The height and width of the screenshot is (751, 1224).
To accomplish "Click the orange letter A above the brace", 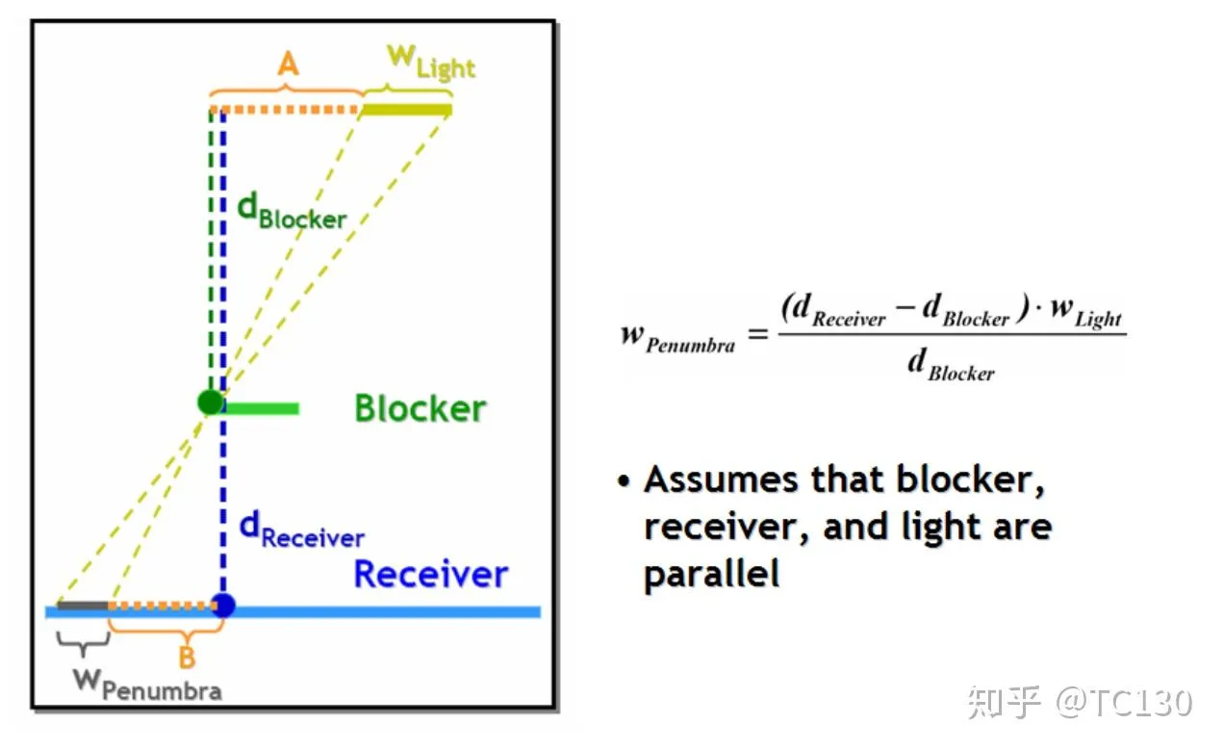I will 287,65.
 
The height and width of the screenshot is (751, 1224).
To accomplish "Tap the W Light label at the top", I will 430,62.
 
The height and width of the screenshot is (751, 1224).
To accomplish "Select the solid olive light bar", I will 406,110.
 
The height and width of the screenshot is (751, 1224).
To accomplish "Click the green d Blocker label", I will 291,214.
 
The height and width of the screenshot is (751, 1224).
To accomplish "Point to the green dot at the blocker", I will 211,401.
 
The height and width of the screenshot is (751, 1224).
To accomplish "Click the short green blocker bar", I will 261,408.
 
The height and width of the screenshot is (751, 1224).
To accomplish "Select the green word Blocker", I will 420,408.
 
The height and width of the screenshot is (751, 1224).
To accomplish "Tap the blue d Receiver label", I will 301,531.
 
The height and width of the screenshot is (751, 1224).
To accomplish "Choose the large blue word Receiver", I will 430,574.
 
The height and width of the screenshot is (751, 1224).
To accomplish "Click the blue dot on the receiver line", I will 223,606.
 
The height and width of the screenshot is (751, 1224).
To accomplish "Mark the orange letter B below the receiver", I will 188,660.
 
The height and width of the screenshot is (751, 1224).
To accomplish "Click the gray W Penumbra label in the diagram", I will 147,684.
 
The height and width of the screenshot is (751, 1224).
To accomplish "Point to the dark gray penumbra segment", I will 82,606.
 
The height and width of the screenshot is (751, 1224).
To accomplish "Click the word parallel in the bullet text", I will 711,574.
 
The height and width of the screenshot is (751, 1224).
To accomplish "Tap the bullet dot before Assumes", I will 625,479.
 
